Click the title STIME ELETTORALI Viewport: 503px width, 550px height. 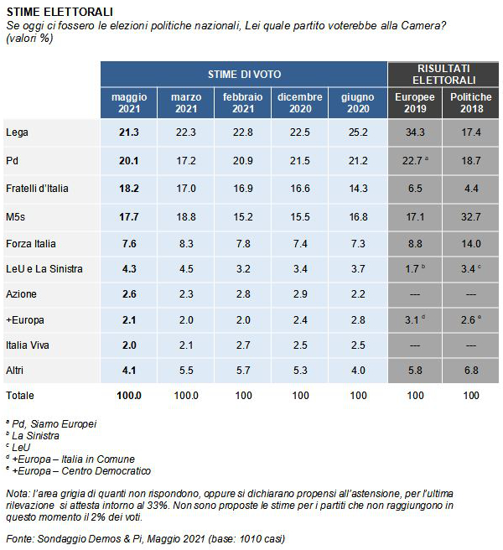(x=60, y=12)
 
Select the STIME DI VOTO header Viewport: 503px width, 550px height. (x=244, y=75)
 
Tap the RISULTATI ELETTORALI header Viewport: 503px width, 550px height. (x=443, y=75)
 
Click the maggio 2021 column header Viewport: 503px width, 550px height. (x=129, y=103)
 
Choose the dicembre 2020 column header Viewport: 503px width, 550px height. (x=300, y=103)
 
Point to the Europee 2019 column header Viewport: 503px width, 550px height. (x=415, y=103)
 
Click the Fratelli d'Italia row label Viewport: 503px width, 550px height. (x=37, y=189)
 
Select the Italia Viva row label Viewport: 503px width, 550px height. (x=28, y=345)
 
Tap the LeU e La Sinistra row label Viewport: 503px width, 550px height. (x=44, y=269)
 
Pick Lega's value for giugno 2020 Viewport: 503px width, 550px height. (x=358, y=132)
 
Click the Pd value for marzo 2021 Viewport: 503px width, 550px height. (x=186, y=161)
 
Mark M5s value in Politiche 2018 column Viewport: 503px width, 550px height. (x=471, y=217)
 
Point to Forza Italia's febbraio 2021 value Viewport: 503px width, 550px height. (x=243, y=244)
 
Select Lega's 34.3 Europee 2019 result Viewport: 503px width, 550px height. (x=415, y=132)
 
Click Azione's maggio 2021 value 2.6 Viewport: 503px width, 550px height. (x=129, y=294)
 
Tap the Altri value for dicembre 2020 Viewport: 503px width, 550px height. (x=300, y=371)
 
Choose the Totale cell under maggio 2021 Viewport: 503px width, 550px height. (x=129, y=396)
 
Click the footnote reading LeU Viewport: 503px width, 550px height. (x=21, y=448)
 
